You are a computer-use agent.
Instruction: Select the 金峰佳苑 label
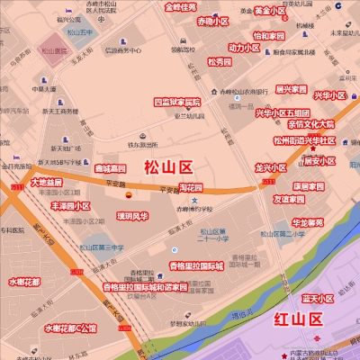180,7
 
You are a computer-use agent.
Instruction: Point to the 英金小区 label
269,11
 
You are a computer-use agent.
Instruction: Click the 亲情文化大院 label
310,124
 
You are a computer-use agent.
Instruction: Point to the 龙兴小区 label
270,168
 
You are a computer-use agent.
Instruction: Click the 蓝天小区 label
318,298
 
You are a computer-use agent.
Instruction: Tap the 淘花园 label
191,188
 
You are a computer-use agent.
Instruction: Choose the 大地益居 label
47,182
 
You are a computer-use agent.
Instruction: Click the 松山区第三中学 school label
101,247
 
